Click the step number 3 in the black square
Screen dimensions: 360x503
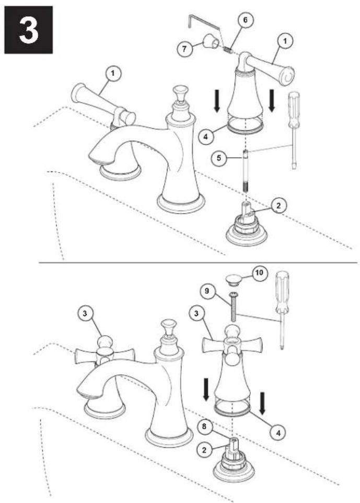click(29, 30)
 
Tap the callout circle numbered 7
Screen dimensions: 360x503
click(184, 49)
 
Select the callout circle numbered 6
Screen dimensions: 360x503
click(245, 20)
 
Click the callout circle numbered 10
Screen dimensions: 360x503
click(259, 272)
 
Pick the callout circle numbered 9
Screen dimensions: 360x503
click(207, 291)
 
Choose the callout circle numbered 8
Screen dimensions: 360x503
click(204, 426)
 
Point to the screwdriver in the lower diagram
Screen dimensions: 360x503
click(282, 310)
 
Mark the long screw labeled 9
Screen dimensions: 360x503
click(232, 307)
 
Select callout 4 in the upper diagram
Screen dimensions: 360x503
click(205, 136)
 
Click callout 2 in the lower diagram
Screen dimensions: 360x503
click(204, 450)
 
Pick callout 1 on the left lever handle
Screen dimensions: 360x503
click(112, 73)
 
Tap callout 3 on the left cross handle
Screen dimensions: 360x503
click(85, 313)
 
